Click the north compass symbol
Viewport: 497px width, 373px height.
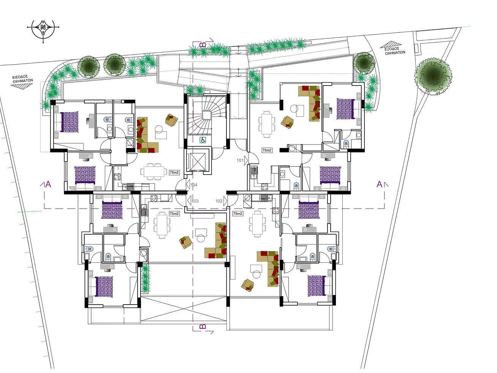pyautogui.click(x=43, y=27)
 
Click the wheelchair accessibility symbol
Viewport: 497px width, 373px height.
pyautogui.click(x=203, y=140)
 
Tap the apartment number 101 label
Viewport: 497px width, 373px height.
pyautogui.click(x=240, y=160)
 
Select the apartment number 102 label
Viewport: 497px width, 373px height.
pyautogui.click(x=219, y=201)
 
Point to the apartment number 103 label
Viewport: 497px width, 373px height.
pyautogui.click(x=195, y=201)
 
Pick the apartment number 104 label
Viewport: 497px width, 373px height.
pyautogui.click(x=194, y=185)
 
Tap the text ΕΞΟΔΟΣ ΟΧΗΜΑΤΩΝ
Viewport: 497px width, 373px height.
pyautogui.click(x=395, y=50)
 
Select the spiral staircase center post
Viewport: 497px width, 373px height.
pyautogui.click(x=206, y=115)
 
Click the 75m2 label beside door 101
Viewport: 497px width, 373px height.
pyautogui.click(x=267, y=150)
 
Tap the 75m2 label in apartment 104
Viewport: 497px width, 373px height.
pyautogui.click(x=174, y=172)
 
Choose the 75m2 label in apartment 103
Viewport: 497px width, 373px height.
pyautogui.click(x=174, y=214)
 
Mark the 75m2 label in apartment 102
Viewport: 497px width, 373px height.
pyautogui.click(x=237, y=214)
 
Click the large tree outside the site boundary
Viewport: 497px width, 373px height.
pyautogui.click(x=433, y=76)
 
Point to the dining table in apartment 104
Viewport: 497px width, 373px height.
pyautogui.click(x=153, y=171)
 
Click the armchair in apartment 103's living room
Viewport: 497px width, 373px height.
pyautogui.click(x=186, y=242)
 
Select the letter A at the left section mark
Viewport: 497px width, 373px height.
pyautogui.click(x=48, y=184)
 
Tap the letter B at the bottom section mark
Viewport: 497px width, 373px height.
pyautogui.click(x=203, y=326)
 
